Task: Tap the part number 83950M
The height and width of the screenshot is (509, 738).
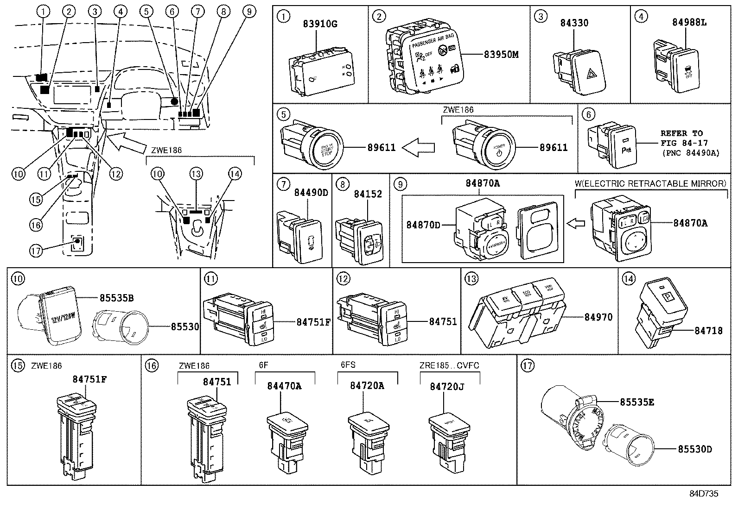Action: coord(501,55)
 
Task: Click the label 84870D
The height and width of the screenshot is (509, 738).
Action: coord(423,225)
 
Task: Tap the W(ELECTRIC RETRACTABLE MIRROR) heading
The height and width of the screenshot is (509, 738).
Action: coord(650,183)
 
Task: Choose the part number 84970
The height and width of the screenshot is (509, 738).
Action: coord(598,317)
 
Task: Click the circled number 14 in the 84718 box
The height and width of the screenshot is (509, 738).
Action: coord(628,279)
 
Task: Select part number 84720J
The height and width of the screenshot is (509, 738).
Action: coord(447,386)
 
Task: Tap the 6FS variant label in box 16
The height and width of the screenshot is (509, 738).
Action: coord(348,364)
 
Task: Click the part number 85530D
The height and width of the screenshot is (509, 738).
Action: coord(694,449)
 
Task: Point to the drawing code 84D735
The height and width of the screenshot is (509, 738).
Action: coord(703,494)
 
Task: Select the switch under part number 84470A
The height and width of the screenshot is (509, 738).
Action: coord(287,438)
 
